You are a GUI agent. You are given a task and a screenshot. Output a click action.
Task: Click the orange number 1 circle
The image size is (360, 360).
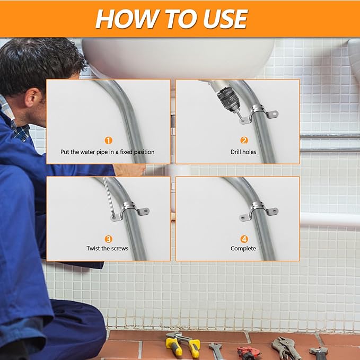click(x=108, y=141)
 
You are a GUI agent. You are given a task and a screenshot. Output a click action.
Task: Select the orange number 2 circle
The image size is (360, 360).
click(x=244, y=141)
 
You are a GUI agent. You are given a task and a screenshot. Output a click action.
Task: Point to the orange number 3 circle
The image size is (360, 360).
click(x=108, y=239)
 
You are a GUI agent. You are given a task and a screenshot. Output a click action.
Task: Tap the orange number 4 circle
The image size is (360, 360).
click(x=244, y=239)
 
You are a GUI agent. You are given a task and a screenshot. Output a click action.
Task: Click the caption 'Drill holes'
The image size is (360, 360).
click(x=243, y=152)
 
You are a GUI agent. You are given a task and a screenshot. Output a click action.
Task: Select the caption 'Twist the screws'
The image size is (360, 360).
click(x=107, y=249)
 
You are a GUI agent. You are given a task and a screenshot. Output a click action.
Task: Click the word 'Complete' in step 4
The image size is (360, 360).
click(x=243, y=249)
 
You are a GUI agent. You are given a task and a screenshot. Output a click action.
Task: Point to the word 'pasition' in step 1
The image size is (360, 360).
click(x=144, y=152)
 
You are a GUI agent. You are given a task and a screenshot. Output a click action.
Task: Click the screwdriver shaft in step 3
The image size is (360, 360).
click(x=108, y=196)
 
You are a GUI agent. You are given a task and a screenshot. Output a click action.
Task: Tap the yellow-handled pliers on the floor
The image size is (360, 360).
click(x=182, y=345)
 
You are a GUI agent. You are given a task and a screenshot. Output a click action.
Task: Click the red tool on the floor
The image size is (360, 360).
click(x=248, y=353)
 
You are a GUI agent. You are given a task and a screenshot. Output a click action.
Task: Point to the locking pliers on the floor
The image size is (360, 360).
click(x=286, y=348)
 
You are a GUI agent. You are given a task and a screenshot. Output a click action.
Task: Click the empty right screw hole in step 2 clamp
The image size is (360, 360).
click(x=274, y=113)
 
